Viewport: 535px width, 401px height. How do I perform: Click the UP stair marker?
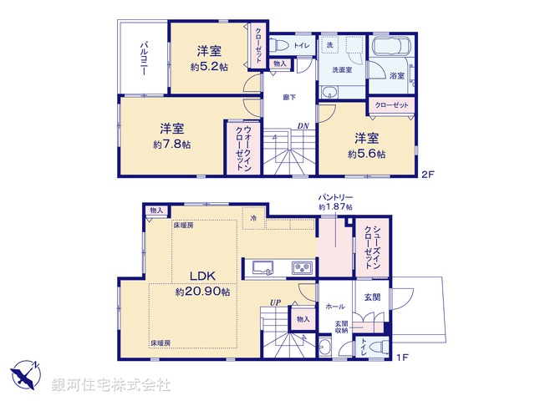(x=273, y=302)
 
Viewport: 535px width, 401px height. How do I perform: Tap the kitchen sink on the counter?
(x=261, y=267)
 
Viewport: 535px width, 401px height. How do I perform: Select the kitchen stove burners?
(x=301, y=267)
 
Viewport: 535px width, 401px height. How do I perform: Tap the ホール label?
(x=334, y=307)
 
